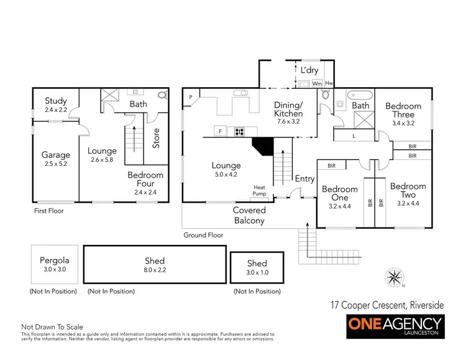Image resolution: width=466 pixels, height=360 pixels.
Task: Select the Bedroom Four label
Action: [145, 179]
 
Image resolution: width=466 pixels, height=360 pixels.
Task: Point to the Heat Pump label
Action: [259, 191]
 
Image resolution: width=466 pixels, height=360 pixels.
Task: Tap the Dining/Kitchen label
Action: [288, 109]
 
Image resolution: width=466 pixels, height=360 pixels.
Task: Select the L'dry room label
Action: [308, 70]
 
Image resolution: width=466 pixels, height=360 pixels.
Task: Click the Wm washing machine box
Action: [317, 83]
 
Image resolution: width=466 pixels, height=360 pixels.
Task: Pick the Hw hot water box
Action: [329, 83]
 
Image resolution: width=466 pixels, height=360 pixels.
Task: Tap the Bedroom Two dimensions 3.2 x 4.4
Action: [408, 203]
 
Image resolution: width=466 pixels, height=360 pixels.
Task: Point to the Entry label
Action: [304, 179]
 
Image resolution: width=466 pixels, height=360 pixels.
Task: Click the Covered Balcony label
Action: [249, 215]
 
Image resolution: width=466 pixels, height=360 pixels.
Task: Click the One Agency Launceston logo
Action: [395, 326]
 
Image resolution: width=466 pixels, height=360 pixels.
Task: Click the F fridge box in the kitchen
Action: [219, 131]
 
